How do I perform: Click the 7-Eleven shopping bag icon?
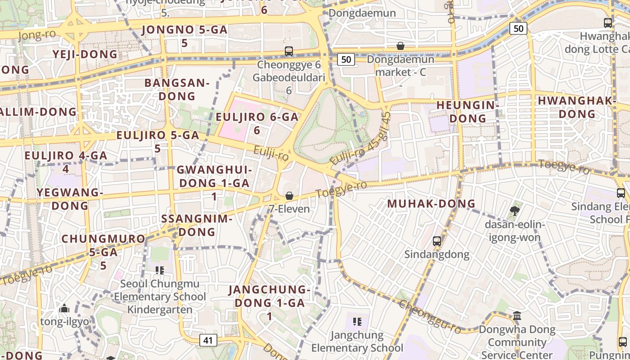[289, 196]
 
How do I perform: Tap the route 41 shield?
[207, 340]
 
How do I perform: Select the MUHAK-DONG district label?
[431, 203]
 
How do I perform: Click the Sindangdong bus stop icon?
[436, 241]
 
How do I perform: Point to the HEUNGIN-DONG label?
[468, 112]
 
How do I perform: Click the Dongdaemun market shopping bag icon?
[400, 46]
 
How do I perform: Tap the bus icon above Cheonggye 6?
[289, 51]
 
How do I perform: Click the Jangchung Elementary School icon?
[357, 321]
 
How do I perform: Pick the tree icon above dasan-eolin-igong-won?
[515, 211]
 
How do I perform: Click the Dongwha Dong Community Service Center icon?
[517, 315]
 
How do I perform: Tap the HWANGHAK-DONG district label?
[577, 107]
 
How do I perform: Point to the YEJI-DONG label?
[85, 54]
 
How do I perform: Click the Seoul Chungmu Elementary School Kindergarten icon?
[159, 270]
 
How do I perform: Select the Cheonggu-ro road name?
[430, 317]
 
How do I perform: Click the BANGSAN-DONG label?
[177, 89]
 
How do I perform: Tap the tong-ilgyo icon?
[64, 309]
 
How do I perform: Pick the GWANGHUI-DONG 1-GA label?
[214, 176]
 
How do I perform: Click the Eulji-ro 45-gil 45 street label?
[360, 139]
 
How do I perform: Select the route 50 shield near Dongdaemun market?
[346, 59]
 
